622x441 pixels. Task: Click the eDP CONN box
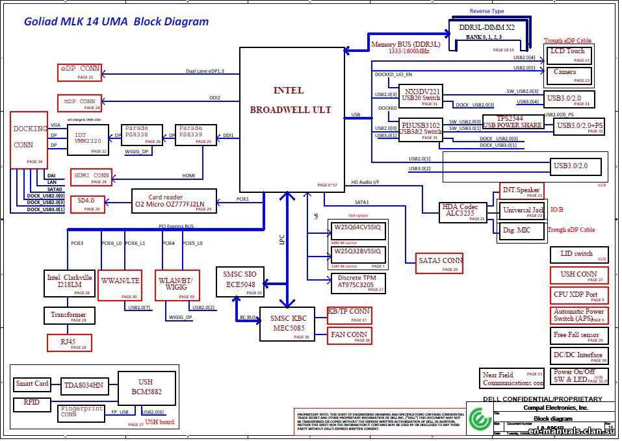(81, 72)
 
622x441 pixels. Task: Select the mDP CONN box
(79, 103)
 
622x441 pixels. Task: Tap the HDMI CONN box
(91, 177)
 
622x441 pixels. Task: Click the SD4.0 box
(86, 203)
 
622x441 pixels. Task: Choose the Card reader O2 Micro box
(172, 201)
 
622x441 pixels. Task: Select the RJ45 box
(70, 342)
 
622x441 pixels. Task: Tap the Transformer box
(68, 316)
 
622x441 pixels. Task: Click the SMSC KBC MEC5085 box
(287, 323)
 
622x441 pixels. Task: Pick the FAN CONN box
(349, 336)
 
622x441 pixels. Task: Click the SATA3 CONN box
(440, 261)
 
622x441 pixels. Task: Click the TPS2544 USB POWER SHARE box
(513, 122)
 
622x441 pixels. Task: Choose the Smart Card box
(32, 384)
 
